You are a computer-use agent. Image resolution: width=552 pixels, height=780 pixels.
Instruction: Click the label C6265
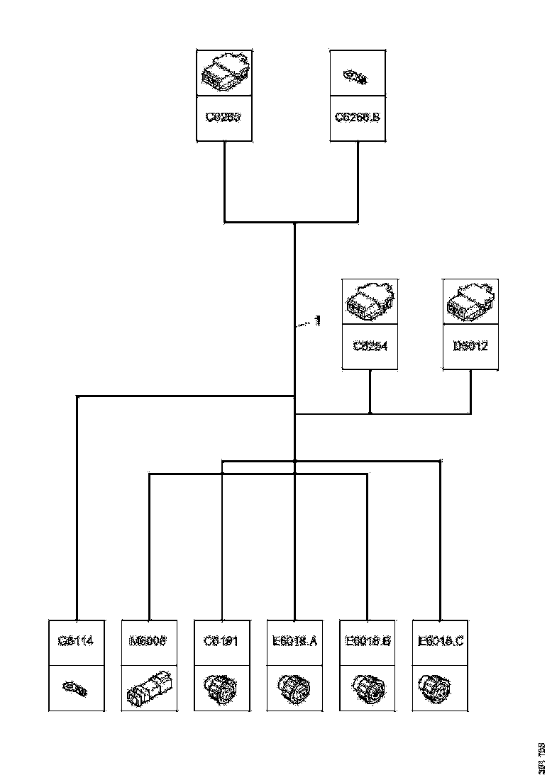coord(223,117)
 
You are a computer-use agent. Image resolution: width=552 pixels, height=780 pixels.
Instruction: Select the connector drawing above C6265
coord(223,74)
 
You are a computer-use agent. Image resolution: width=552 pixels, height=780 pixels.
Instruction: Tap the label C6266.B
coord(358,117)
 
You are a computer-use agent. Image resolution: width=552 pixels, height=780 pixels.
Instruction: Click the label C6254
coord(370,347)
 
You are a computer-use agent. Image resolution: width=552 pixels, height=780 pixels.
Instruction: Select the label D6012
coord(470,347)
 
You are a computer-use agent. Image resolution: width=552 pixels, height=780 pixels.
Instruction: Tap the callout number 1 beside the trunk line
coord(317,321)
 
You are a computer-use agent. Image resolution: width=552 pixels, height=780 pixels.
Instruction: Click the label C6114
coord(76,642)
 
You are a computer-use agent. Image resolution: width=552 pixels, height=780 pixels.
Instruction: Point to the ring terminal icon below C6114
coord(75,688)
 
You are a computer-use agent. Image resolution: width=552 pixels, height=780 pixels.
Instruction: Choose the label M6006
coord(149,642)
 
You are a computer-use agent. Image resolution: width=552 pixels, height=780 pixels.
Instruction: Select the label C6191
coord(222,642)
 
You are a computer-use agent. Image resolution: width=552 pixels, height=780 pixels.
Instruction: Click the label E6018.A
coord(294,642)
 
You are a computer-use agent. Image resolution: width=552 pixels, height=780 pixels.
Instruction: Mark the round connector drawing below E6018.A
coord(294,688)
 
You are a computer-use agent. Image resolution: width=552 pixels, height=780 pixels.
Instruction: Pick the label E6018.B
coord(368,642)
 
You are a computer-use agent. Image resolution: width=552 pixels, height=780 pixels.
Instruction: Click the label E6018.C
coord(441,642)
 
